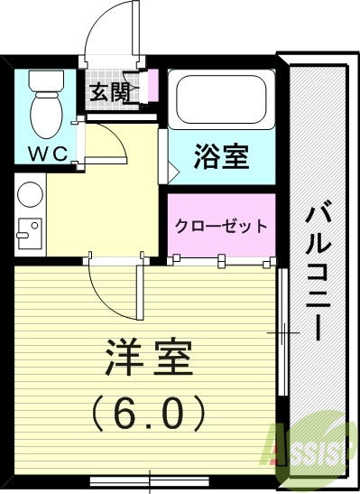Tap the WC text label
47,154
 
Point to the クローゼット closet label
221,226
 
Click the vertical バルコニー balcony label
316,271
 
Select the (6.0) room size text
149,414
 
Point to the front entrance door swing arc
113,27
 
